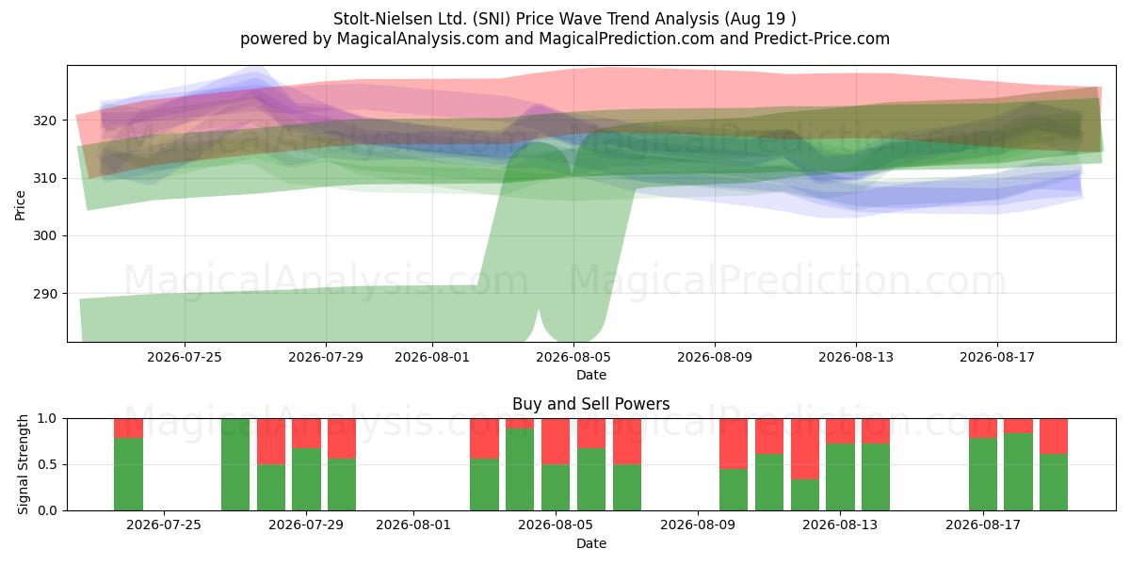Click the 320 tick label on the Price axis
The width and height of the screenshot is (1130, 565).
click(x=44, y=121)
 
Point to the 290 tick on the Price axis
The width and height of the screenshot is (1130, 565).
click(x=44, y=294)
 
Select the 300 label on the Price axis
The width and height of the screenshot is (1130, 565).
click(x=44, y=235)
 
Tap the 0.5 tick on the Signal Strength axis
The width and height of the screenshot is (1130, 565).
click(x=47, y=464)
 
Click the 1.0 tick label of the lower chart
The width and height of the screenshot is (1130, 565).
click(x=47, y=419)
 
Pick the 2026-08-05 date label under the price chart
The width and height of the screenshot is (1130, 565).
click(x=573, y=357)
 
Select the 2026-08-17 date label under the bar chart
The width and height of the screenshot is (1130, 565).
click(x=983, y=525)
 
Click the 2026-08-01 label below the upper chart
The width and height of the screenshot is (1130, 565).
click(x=432, y=357)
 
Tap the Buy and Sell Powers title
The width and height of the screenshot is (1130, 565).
click(x=590, y=404)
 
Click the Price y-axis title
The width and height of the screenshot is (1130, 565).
click(x=20, y=205)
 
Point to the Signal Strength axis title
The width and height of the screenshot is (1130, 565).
click(x=23, y=464)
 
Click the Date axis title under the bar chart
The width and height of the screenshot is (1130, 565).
click(x=591, y=543)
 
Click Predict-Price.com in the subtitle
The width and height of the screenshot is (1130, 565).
click(x=822, y=39)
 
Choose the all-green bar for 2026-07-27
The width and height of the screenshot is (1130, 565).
click(x=235, y=464)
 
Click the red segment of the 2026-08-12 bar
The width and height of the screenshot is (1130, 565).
click(x=804, y=449)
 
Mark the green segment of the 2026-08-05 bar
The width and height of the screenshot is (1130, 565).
click(x=556, y=488)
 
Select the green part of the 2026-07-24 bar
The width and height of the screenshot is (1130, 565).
click(x=128, y=475)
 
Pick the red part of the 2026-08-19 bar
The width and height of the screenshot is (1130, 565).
click(x=1054, y=436)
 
